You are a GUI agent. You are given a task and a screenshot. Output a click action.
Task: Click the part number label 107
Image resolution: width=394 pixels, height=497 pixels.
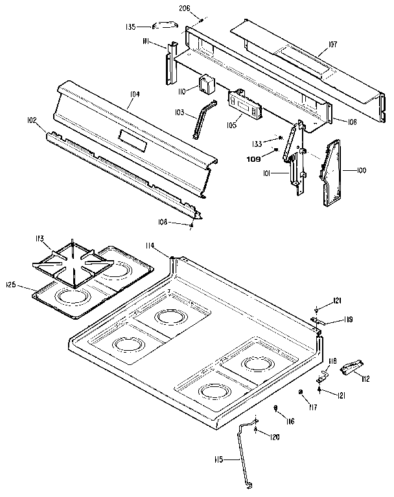333,45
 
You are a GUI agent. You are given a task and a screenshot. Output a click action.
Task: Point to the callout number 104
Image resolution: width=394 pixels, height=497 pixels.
135,94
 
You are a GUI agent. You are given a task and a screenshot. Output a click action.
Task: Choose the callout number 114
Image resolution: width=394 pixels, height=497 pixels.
150,245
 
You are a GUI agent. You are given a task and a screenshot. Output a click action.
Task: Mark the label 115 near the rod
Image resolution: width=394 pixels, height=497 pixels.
218,459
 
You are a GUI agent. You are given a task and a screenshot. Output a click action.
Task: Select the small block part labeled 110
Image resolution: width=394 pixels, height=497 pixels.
207,84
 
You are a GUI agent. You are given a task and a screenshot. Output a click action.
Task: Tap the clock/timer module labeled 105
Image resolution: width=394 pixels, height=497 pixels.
243,104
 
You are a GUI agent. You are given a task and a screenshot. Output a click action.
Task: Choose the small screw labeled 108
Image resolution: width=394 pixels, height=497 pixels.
192,225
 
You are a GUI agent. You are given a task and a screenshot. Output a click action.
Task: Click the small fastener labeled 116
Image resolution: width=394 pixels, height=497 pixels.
276,408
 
